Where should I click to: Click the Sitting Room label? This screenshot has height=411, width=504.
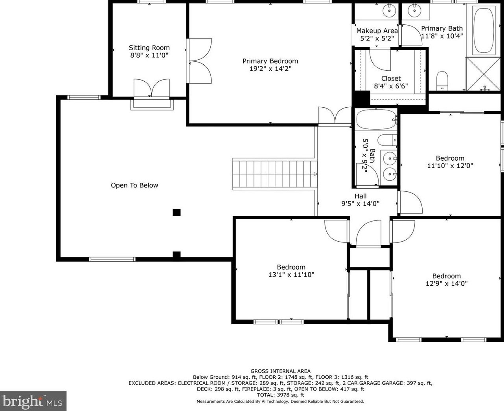[149, 48]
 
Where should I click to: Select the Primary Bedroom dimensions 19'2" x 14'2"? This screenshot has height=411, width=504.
[270, 69]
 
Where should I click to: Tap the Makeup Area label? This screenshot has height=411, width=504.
[377, 31]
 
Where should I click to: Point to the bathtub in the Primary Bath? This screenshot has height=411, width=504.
[484, 30]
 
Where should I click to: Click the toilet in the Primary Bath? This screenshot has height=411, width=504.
[442, 81]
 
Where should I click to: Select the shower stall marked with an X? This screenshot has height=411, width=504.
[483, 74]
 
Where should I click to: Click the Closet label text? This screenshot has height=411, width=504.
[391, 78]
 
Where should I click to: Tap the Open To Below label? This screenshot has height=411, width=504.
[134, 185]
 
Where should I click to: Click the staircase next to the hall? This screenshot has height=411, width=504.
[275, 174]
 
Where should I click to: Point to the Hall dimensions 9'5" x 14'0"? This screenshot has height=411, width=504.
[361, 204]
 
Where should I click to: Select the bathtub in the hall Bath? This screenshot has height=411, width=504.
[377, 120]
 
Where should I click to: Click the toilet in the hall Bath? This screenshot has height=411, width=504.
[388, 140]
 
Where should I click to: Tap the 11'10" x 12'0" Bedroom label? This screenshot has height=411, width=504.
[450, 158]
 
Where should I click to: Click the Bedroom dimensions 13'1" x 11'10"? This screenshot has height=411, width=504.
[291, 275]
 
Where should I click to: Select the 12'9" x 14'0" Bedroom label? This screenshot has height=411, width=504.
[447, 276]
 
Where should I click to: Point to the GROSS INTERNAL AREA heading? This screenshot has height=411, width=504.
[280, 371]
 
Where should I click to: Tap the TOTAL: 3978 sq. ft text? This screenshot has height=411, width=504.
[280, 395]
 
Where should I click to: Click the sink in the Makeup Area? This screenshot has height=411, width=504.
[390, 11]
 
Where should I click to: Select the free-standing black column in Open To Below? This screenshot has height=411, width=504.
[177, 212]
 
